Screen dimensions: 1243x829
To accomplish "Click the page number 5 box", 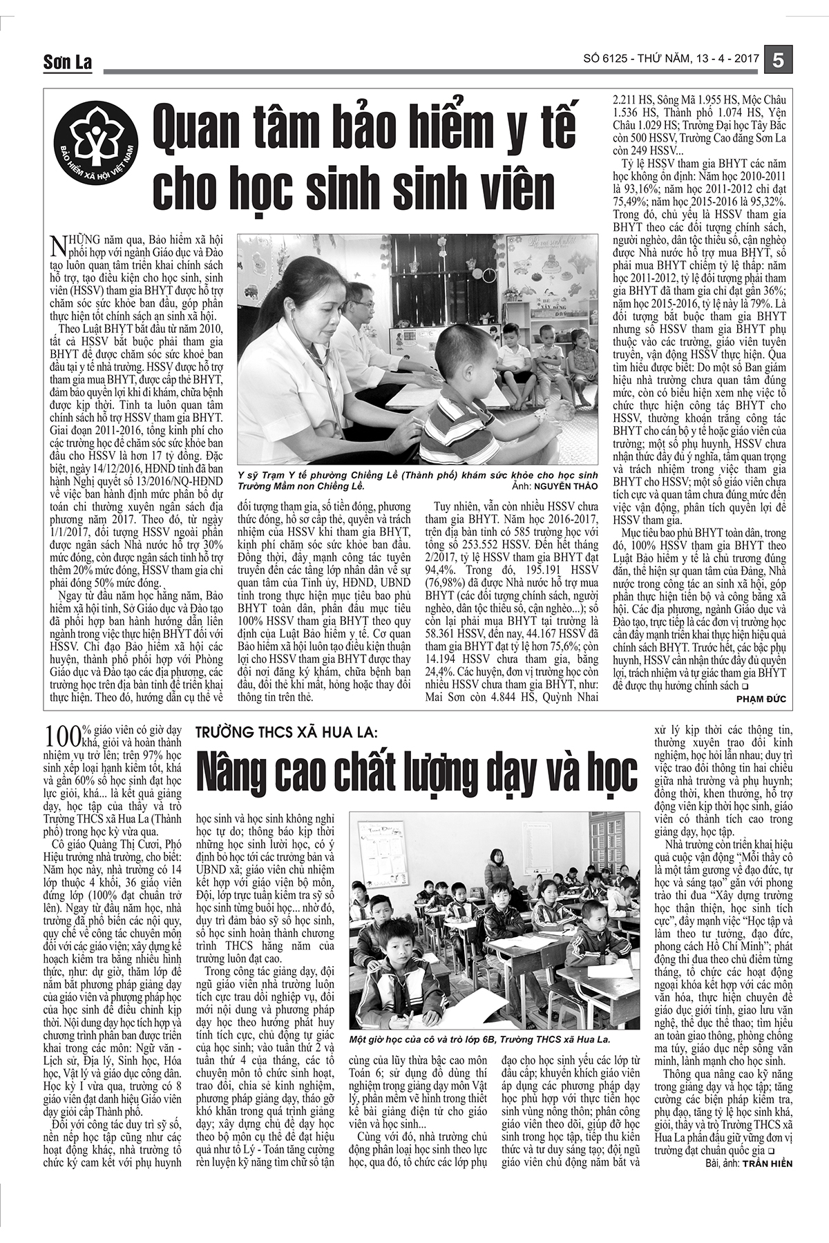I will [778, 60].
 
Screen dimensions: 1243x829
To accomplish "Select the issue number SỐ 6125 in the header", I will [608, 61].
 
